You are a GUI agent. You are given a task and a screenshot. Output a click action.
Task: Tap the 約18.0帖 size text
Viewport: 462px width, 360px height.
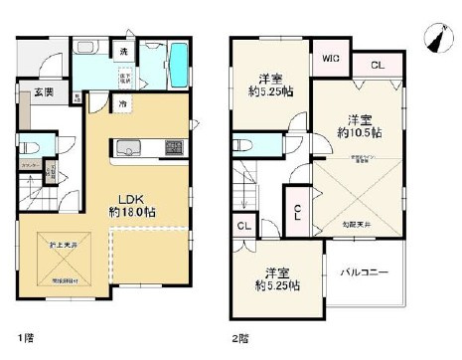pyautogui.click(x=131, y=212)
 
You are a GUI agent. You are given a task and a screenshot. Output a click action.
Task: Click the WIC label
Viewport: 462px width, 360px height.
pyautogui.click(x=329, y=59)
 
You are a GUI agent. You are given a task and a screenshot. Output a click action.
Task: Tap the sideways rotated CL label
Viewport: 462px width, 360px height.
pyautogui.click(x=298, y=211)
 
